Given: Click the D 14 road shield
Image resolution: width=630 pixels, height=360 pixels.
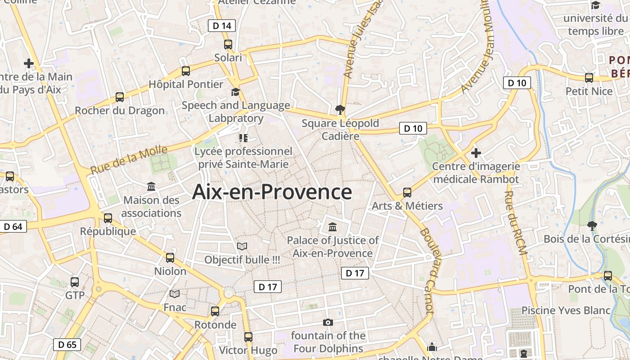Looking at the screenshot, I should [222, 26].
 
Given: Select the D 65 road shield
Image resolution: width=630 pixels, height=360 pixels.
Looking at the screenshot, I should [67, 345].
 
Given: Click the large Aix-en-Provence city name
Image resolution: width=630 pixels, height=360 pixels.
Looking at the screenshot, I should [272, 192].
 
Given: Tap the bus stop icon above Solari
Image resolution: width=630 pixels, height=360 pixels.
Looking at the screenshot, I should [228, 44].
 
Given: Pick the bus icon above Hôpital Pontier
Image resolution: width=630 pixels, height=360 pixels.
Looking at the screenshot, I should [186, 71].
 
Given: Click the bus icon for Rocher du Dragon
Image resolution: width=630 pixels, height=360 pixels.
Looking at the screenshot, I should [120, 97].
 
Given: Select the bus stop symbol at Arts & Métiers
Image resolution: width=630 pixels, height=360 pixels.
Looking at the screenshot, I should [407, 193].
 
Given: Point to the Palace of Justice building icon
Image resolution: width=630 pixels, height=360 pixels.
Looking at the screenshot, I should [333, 226].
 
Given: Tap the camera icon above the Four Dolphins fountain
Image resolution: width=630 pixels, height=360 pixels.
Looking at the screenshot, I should [328, 322].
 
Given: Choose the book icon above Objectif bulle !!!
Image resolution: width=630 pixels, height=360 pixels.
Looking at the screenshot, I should [242, 246].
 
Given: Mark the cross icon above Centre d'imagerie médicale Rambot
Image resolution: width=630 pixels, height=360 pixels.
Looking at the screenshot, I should [476, 153].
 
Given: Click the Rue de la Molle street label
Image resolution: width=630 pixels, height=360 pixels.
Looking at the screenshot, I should [129, 160].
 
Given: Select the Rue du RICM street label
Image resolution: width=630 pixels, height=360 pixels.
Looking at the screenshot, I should [515, 223].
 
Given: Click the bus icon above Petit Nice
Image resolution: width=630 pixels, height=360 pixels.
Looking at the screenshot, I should [589, 77].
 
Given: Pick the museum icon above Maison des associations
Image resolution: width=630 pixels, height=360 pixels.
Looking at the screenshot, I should [151, 186].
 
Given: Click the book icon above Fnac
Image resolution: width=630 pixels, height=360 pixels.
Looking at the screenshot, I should [175, 294].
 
